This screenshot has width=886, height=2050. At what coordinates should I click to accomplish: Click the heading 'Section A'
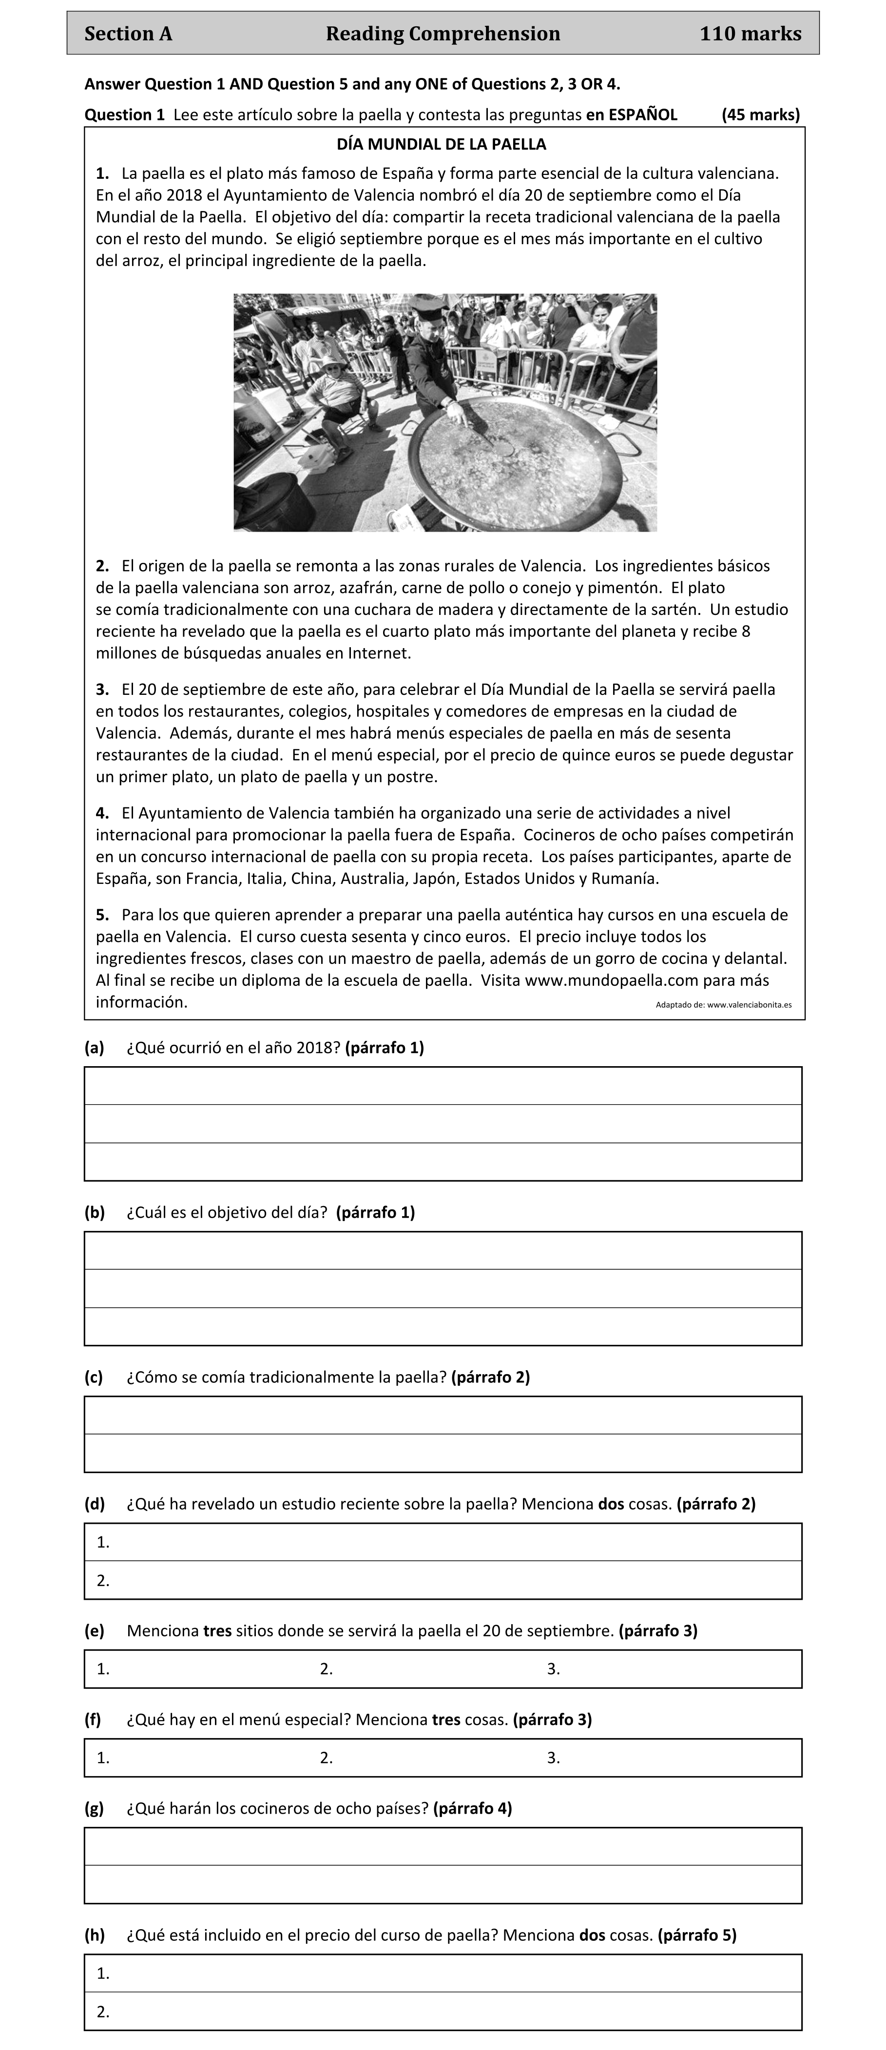coord(128,34)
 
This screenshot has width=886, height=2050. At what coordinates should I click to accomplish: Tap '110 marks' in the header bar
coord(750,34)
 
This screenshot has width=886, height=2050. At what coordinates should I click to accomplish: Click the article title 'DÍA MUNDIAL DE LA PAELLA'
coord(442,145)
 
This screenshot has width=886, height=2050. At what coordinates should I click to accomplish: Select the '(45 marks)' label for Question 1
coord(760,115)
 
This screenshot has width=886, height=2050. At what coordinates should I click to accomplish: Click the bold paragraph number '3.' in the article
coord(102,689)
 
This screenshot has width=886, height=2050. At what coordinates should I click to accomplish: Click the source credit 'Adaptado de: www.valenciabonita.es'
coord(723,1004)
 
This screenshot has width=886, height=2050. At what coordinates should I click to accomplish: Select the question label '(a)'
coord(94,1047)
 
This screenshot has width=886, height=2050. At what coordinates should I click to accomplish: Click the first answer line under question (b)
coord(443,1251)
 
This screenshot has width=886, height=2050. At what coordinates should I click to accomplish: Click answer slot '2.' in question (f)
coord(327,1758)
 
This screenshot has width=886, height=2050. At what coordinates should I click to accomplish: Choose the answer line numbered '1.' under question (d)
coord(443,1542)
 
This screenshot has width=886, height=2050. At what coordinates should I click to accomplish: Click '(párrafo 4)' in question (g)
coord(472,1808)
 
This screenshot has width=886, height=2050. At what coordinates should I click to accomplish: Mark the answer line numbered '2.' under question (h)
coord(443,2012)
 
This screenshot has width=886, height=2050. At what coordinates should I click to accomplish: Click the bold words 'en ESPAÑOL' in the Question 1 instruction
coord(631,115)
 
